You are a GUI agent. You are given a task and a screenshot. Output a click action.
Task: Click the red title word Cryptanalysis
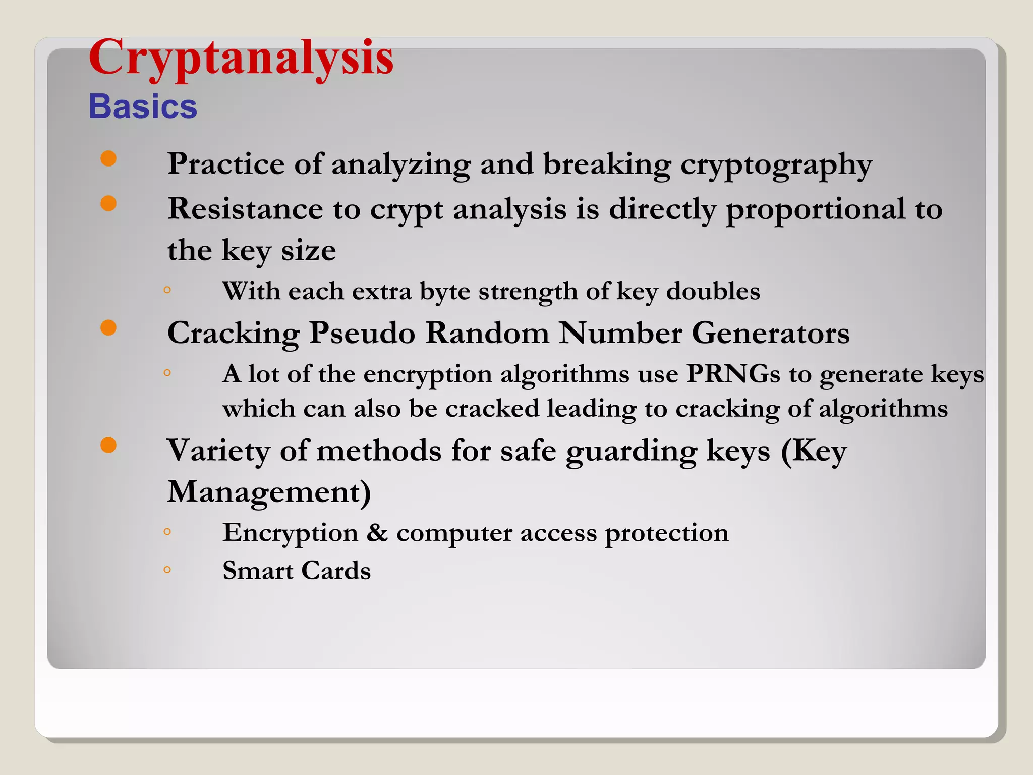241,59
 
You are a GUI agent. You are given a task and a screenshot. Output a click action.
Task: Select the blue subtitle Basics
143,106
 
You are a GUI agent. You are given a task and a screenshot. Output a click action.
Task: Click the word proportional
815,210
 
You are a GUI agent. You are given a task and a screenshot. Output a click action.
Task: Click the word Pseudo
362,333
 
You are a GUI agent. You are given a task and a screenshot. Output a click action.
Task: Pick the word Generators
770,333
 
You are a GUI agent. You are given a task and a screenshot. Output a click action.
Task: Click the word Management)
269,492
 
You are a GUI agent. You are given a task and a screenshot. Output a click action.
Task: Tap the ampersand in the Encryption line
377,533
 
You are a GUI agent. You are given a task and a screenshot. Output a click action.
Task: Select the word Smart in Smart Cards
258,571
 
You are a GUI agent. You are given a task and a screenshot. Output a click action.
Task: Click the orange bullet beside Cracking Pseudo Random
108,328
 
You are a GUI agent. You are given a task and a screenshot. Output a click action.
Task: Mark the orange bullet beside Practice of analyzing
108,158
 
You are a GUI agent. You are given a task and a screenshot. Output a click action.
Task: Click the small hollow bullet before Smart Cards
167,570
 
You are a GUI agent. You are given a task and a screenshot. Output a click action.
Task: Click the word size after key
308,250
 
